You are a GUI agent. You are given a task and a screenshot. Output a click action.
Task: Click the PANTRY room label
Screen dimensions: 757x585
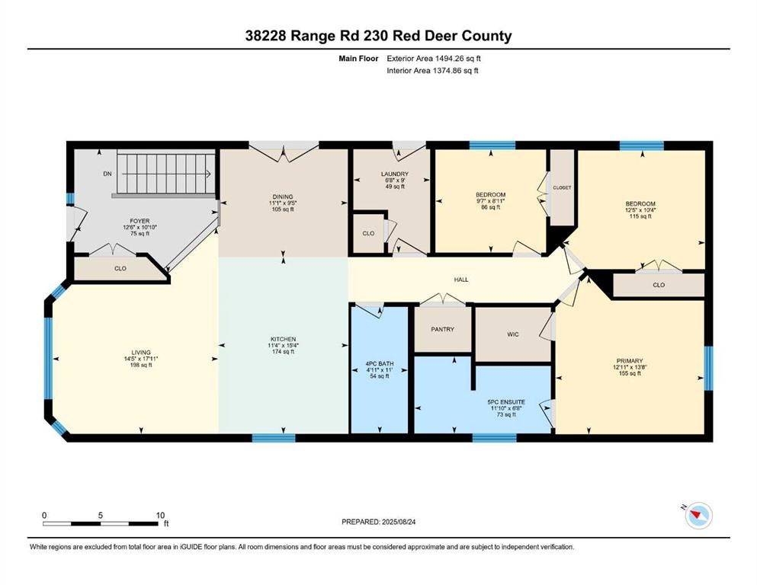(x=442, y=329)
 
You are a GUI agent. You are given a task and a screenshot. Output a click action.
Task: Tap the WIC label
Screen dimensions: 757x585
(x=513, y=334)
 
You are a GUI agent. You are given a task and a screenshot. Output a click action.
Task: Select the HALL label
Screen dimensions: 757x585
(x=461, y=280)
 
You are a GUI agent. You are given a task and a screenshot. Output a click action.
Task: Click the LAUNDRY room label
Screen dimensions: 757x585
(x=394, y=174)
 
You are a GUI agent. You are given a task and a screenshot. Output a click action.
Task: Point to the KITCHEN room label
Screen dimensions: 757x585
(x=283, y=339)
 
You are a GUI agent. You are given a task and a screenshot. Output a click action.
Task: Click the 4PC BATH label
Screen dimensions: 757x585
(x=380, y=363)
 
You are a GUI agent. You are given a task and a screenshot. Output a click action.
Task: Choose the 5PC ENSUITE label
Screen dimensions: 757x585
(x=506, y=401)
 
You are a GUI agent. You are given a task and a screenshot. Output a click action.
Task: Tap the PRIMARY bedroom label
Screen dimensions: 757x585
(x=630, y=361)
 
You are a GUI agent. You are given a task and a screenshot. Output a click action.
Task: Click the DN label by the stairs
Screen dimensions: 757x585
(x=107, y=174)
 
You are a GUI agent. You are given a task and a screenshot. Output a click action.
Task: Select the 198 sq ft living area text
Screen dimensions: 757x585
(x=141, y=365)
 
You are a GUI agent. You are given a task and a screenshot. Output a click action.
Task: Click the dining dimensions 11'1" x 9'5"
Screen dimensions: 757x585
(x=283, y=203)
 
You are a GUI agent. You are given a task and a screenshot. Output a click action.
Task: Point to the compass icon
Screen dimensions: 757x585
(x=698, y=516)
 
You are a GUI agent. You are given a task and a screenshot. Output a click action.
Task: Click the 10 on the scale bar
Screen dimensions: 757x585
(x=160, y=515)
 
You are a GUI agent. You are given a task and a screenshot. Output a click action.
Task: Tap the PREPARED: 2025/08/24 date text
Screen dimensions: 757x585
(x=378, y=522)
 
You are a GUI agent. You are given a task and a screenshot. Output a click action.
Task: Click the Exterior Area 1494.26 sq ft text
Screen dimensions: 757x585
(x=434, y=59)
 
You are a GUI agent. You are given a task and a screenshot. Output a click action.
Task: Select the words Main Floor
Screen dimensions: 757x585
(x=358, y=59)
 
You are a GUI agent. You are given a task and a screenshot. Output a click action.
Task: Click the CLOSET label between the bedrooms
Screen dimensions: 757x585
(x=562, y=187)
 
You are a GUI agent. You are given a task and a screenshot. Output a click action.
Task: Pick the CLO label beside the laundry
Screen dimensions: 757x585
(x=368, y=233)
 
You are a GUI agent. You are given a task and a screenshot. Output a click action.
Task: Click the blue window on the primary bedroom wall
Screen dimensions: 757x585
(x=708, y=368)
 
